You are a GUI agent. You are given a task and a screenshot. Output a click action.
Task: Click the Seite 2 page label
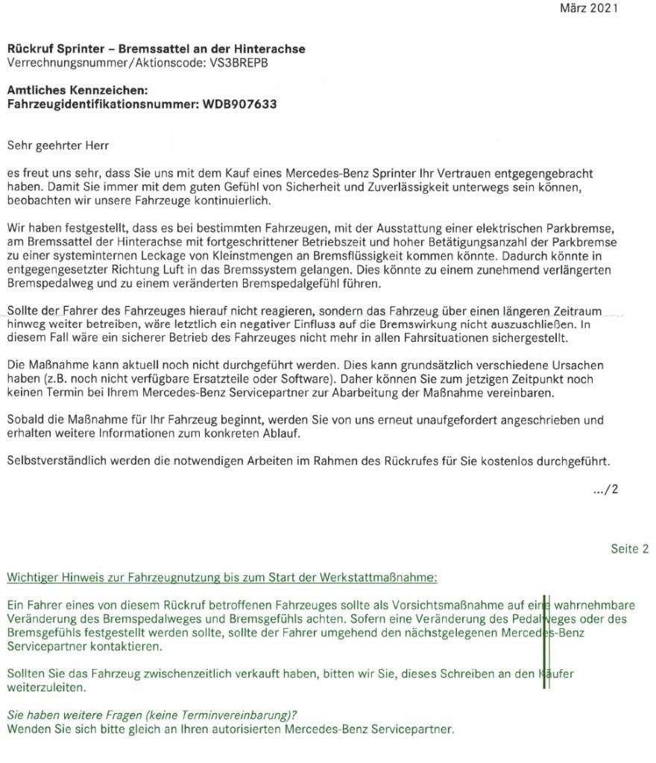coord(629,549)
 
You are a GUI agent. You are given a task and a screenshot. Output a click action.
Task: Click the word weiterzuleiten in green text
coord(46,687)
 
